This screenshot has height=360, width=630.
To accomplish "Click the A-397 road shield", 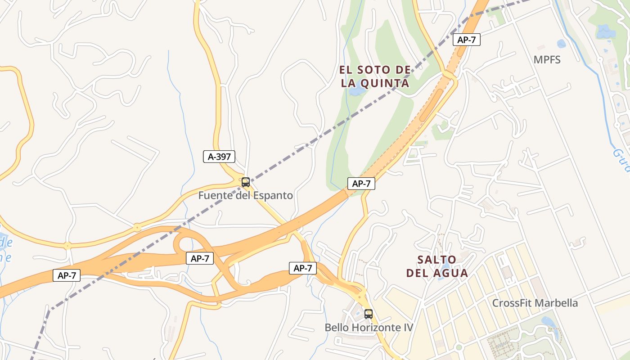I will click(219, 157).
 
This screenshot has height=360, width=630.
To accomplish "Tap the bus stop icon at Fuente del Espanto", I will click(245, 182).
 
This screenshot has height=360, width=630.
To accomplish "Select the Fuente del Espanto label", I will click(245, 195).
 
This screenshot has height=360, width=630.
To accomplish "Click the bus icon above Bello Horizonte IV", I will click(369, 314).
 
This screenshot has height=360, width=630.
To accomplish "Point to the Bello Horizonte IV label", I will click(369, 327).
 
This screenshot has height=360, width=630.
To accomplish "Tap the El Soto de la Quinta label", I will click(375, 76).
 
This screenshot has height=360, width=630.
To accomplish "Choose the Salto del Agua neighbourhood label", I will click(437, 266).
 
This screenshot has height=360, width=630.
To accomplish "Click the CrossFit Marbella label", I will click(535, 303).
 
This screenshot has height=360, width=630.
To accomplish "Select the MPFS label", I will click(547, 59).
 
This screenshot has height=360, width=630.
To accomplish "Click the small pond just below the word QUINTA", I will click(358, 91).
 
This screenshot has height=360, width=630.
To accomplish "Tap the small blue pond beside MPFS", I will click(561, 44).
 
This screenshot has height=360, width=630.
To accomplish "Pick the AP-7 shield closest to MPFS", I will click(466, 40).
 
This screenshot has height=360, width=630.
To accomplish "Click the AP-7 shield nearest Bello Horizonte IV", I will click(302, 268).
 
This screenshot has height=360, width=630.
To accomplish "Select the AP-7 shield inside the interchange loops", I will click(199, 258).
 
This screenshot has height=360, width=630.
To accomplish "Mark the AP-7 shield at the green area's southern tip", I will click(361, 183).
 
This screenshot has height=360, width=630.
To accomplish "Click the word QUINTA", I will click(387, 83).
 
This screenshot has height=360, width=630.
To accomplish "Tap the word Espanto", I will click(273, 195).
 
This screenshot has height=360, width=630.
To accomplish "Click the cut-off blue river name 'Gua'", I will click(621, 160).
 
